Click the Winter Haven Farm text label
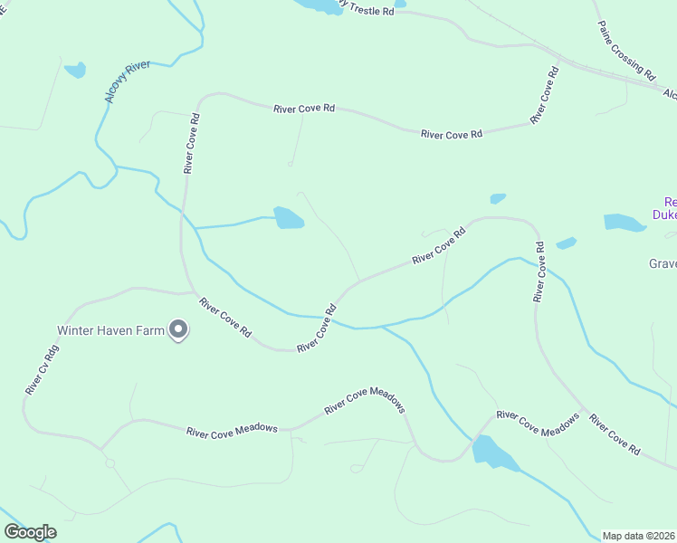pos(110,330)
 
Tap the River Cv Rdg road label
pos(43,369)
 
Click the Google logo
pos(30,532)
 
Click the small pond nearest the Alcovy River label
pos(75,70)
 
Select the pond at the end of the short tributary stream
pos(289,218)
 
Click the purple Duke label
pos(664,215)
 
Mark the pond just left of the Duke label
pos(624,222)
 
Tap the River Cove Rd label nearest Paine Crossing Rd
pos(543,96)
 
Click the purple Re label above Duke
pos(670,202)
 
